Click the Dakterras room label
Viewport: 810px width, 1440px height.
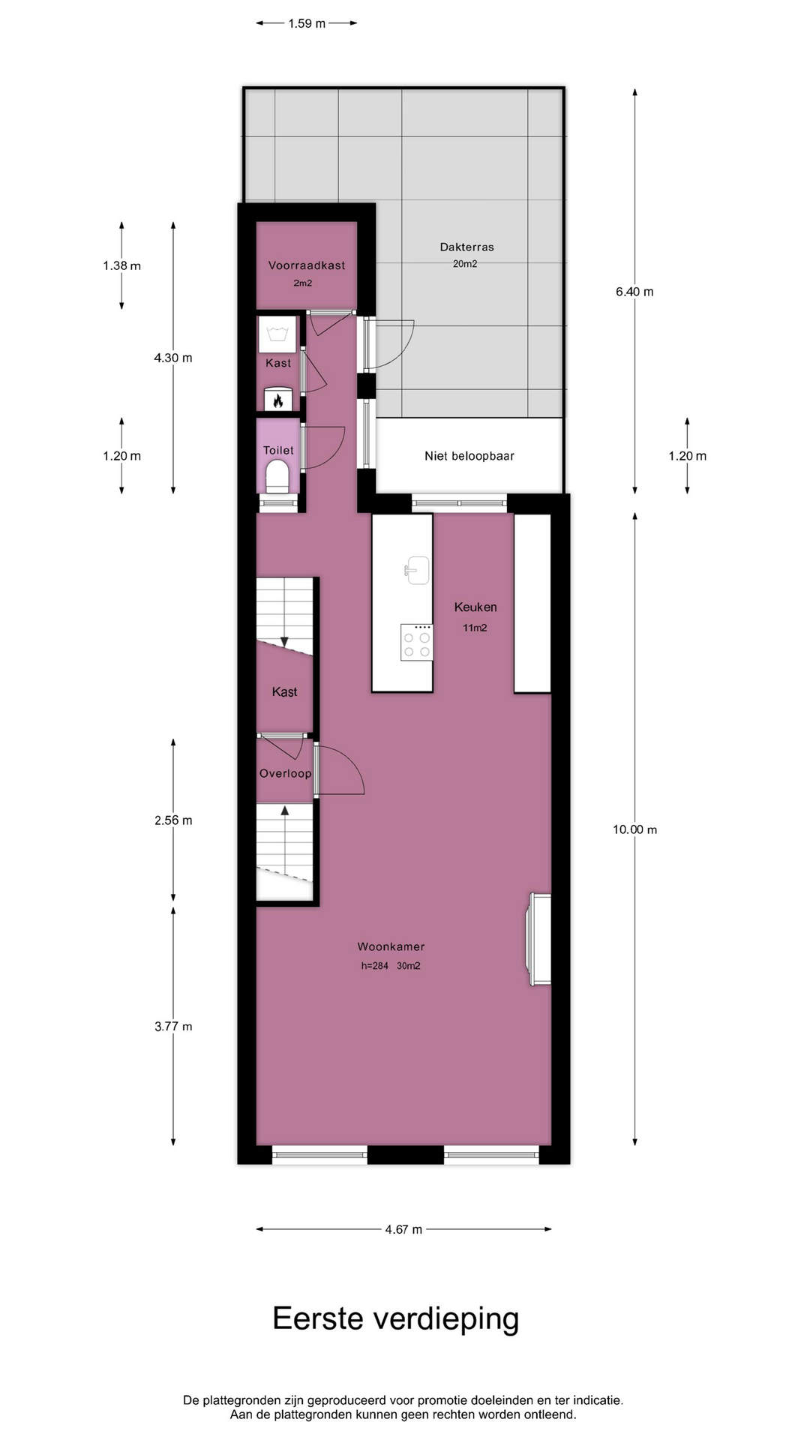tap(466, 247)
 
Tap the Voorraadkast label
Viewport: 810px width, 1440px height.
tap(307, 265)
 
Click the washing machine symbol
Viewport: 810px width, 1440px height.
tap(277, 334)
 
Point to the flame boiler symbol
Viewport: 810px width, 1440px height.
tap(277, 400)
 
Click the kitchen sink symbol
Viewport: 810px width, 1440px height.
tap(416, 570)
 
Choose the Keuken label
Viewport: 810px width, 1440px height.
tap(475, 607)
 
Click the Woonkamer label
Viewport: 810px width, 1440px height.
tap(391, 946)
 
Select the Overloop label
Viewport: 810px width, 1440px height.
tap(285, 773)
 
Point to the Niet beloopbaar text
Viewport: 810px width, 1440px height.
tap(469, 456)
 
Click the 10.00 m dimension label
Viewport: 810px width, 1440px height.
tap(634, 829)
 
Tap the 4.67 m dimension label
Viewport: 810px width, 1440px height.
tap(403, 1229)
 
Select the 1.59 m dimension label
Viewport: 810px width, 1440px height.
tap(307, 23)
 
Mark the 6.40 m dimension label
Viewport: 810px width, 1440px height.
tap(634, 292)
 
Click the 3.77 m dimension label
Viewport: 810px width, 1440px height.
tap(173, 1027)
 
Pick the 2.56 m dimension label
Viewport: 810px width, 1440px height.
tap(173, 820)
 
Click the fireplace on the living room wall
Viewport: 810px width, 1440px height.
tap(540, 939)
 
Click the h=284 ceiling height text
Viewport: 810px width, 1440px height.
tap(375, 966)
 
